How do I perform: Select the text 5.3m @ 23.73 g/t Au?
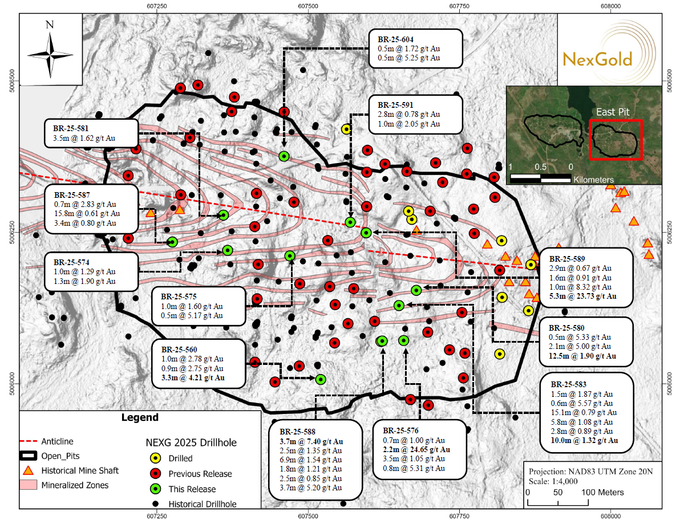582,296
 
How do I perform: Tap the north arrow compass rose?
50,54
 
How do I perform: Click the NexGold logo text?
597,59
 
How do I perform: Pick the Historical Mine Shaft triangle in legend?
28,471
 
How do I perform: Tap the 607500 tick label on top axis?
308,5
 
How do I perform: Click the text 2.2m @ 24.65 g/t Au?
418,450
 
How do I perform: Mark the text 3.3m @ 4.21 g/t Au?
193,377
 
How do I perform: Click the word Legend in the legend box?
140,418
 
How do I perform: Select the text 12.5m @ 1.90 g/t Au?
582,356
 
